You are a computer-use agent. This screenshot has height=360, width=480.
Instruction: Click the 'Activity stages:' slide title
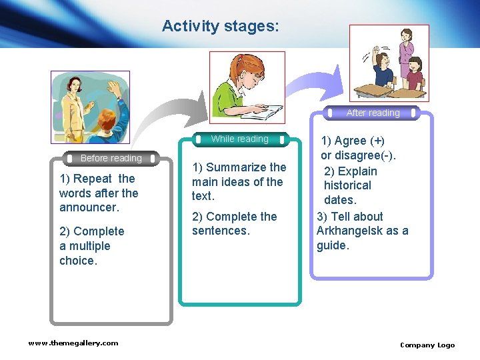[221, 26]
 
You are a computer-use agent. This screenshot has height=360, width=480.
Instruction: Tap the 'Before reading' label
[111, 159]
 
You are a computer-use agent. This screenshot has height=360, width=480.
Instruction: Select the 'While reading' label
[239, 139]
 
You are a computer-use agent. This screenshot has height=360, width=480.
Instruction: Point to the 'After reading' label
[373, 113]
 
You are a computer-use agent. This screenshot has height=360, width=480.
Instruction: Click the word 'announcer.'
[89, 208]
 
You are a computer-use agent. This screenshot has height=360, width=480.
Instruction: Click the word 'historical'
[347, 185]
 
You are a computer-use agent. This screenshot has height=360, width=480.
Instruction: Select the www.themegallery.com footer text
[73, 343]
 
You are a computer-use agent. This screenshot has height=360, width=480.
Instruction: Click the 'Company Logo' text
[427, 345]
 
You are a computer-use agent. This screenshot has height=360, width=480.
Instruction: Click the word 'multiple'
[90, 246]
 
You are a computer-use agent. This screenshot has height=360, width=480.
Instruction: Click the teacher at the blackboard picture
[89, 107]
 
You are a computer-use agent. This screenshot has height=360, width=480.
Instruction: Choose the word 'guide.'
[333, 245]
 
